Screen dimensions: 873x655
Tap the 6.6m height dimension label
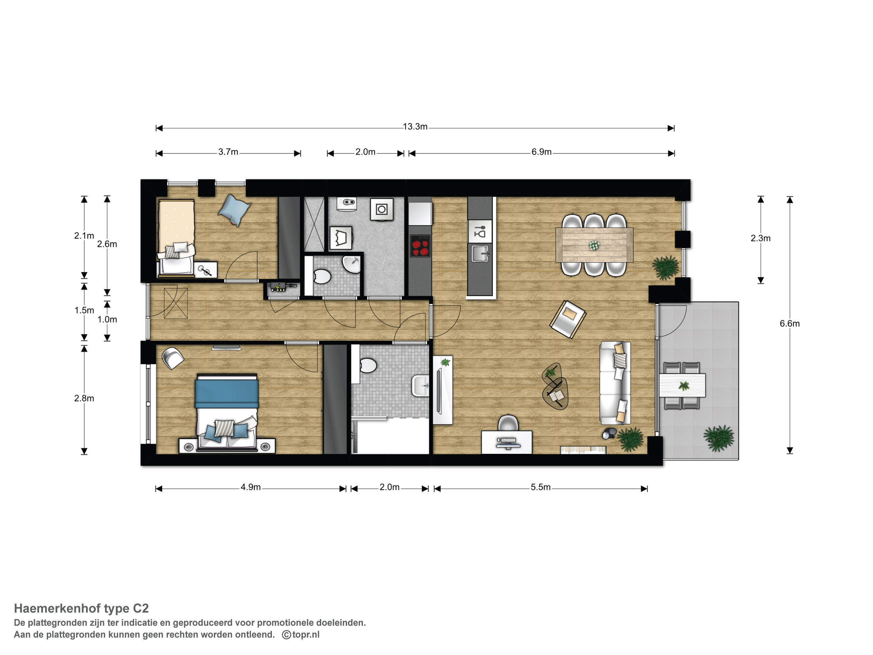tap(789, 324)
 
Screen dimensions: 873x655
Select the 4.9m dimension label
tap(251, 487)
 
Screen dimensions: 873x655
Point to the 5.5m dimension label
tap(540, 487)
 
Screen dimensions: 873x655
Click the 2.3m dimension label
tap(760, 238)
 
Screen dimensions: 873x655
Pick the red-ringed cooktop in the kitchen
tap(420, 245)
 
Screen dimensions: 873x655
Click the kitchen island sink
tap(480, 254)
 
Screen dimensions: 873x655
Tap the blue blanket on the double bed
tap(227, 393)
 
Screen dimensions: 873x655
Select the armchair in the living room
tap(567, 319)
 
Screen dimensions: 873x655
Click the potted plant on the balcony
tap(718, 438)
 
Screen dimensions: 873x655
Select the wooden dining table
tap(594, 245)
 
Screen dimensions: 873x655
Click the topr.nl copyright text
tap(301, 634)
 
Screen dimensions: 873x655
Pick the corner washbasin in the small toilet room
tap(352, 264)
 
